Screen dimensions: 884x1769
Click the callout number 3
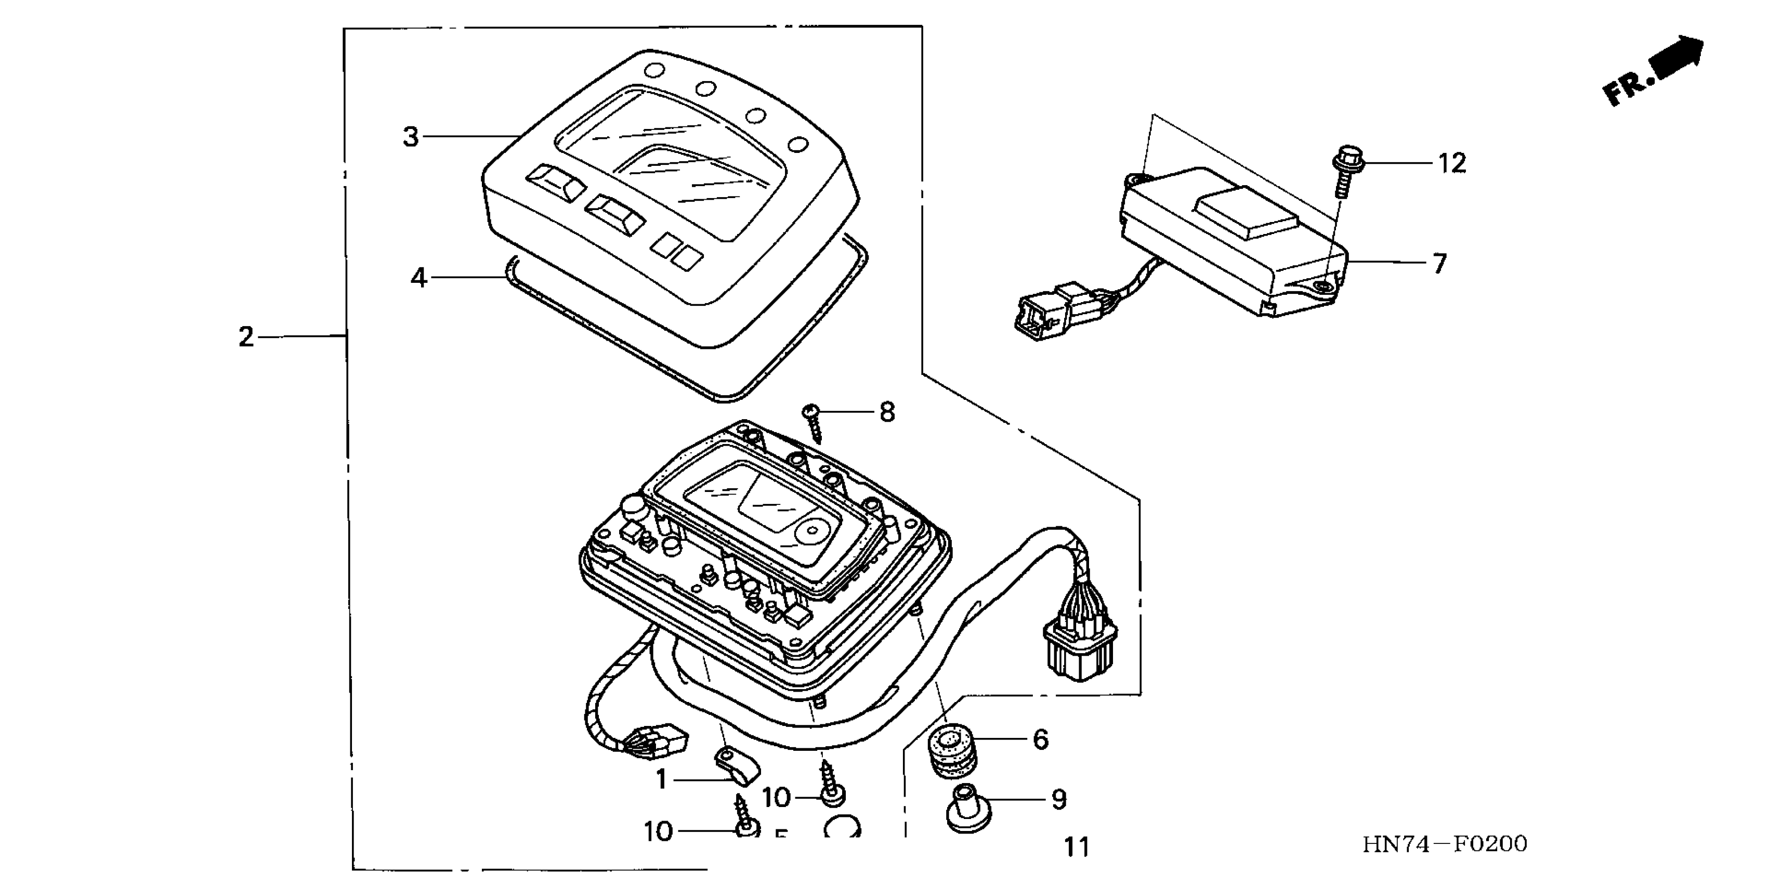(x=411, y=137)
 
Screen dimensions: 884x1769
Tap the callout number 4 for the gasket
(x=418, y=278)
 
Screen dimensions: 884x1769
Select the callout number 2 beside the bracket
(x=246, y=337)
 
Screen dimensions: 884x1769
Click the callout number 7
(x=1439, y=263)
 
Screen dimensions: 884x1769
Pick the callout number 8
(x=887, y=412)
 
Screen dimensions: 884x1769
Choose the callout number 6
(x=1040, y=740)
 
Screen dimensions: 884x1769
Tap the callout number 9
(x=1059, y=800)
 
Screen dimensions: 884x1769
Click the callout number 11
(x=1076, y=847)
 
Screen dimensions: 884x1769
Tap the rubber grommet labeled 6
(x=951, y=753)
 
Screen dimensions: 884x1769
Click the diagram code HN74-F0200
(x=1445, y=844)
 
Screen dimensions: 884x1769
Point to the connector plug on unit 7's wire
(x=1040, y=315)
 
